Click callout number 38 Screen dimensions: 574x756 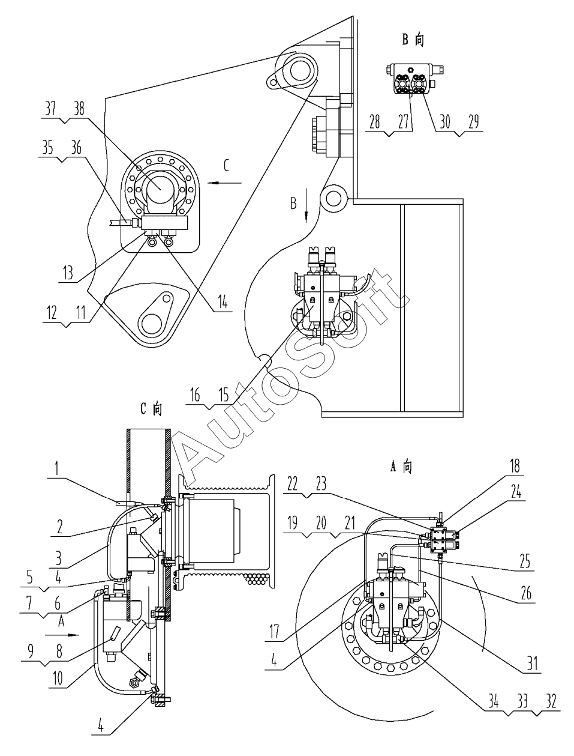(x=79, y=109)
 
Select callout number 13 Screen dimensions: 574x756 (x=68, y=273)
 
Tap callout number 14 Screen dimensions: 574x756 (x=223, y=303)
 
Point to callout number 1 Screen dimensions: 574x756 (x=57, y=468)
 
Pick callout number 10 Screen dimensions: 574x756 (x=58, y=678)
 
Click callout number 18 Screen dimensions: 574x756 (x=515, y=466)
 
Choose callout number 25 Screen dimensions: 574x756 (x=525, y=562)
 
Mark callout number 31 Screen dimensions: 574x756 (x=532, y=664)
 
